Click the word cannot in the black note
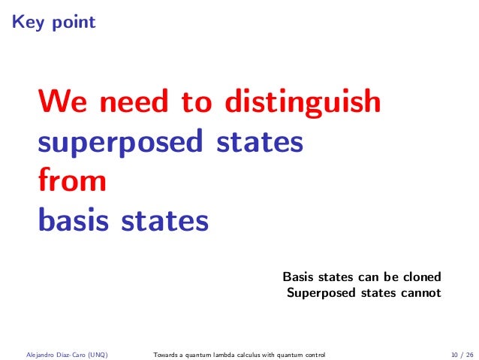click(x=420, y=292)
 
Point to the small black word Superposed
click(x=318, y=293)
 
